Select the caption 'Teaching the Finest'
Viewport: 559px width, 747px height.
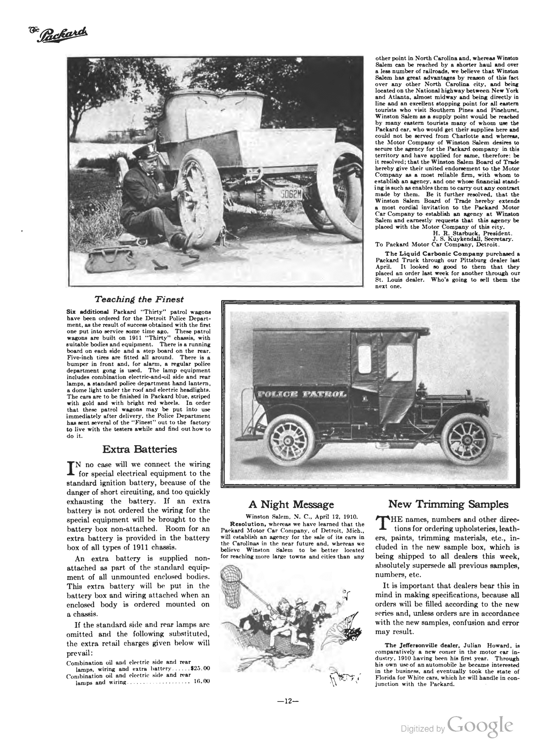click(x=139, y=300)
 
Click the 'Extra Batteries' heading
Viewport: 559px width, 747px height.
click(x=139, y=449)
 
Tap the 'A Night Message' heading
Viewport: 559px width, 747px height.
click(x=291, y=504)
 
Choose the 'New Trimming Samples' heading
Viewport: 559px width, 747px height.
click(x=448, y=504)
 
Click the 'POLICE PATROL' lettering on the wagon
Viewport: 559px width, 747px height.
click(x=302, y=394)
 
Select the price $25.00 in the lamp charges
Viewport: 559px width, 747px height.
click(x=200, y=668)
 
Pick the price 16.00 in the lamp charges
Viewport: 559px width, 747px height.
click(x=202, y=681)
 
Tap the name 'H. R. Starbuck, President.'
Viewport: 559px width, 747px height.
click(x=472, y=233)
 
